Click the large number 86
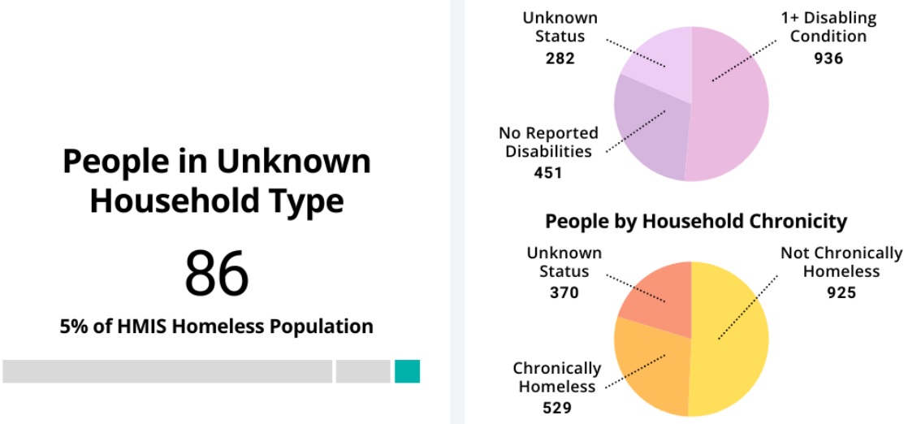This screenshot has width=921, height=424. pyautogui.click(x=216, y=274)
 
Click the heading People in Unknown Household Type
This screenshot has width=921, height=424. pyautogui.click(x=216, y=181)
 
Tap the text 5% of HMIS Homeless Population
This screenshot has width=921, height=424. pyautogui.click(x=216, y=327)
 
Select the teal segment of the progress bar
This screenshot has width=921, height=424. pyautogui.click(x=407, y=371)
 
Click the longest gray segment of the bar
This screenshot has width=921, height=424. pyautogui.click(x=167, y=371)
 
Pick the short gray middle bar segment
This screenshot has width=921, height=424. pyautogui.click(x=363, y=371)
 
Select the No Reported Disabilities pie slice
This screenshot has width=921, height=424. pyautogui.click(x=646, y=130)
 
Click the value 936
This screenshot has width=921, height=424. pyautogui.click(x=828, y=58)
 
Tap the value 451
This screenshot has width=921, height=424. pyautogui.click(x=548, y=172)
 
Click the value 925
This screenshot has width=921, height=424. pyautogui.click(x=841, y=292)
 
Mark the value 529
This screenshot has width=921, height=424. pyautogui.click(x=556, y=408)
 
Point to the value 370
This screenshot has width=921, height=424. pyautogui.click(x=564, y=292)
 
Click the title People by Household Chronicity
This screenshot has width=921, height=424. pyautogui.click(x=695, y=221)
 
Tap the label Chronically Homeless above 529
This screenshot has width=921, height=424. pyautogui.click(x=556, y=378)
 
